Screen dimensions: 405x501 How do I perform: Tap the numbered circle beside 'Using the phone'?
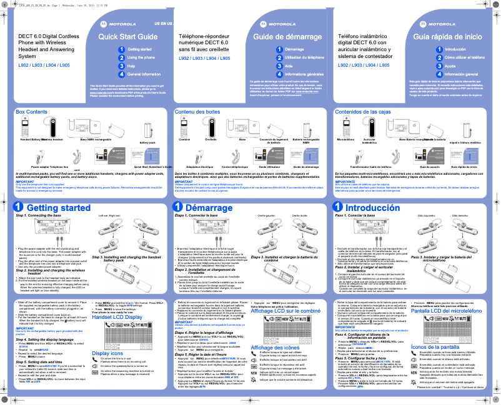click(x=121, y=57)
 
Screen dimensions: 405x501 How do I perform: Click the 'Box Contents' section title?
click(x=31, y=111)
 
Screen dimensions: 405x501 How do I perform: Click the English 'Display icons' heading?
click(x=107, y=353)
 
